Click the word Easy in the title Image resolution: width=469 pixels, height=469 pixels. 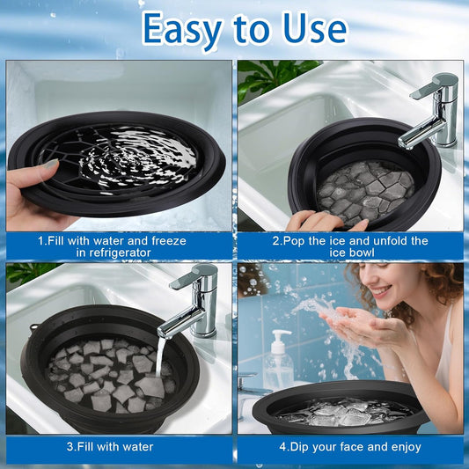tap(183, 29)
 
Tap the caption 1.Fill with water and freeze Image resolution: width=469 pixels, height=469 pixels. tap(119, 240)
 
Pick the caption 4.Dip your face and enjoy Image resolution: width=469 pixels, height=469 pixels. tap(350, 446)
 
